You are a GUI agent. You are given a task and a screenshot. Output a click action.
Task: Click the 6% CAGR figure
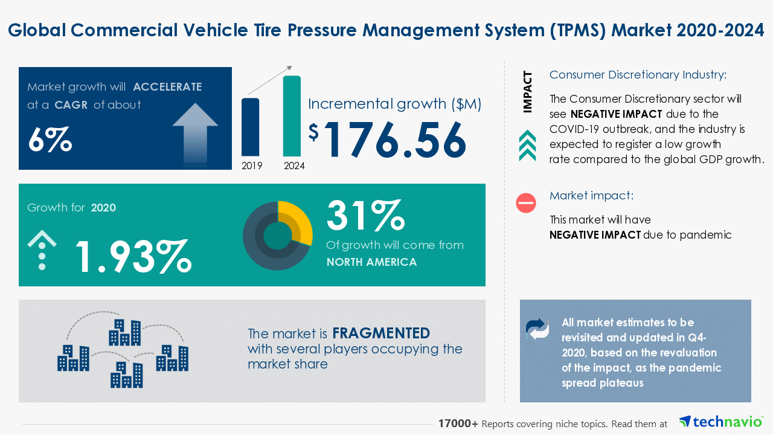tap(50, 140)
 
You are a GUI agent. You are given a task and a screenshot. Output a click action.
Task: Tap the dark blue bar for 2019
tap(251, 127)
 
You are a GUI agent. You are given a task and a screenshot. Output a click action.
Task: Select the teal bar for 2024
tap(292, 115)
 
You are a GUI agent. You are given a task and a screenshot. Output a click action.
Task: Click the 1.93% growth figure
tap(133, 256)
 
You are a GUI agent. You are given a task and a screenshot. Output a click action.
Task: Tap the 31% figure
tap(365, 216)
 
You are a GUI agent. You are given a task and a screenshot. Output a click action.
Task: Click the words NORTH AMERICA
tap(371, 262)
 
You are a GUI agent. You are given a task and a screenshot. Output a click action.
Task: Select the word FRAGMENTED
tap(381, 333)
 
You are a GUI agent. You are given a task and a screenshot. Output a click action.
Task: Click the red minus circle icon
tap(526, 203)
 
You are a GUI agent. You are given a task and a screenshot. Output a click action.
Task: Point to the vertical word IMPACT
tap(528, 92)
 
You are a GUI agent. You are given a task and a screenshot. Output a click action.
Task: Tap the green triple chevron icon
tap(527, 146)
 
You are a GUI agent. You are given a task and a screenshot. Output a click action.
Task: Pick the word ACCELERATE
tap(167, 87)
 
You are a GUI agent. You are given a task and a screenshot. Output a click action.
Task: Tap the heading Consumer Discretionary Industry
tap(638, 75)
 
